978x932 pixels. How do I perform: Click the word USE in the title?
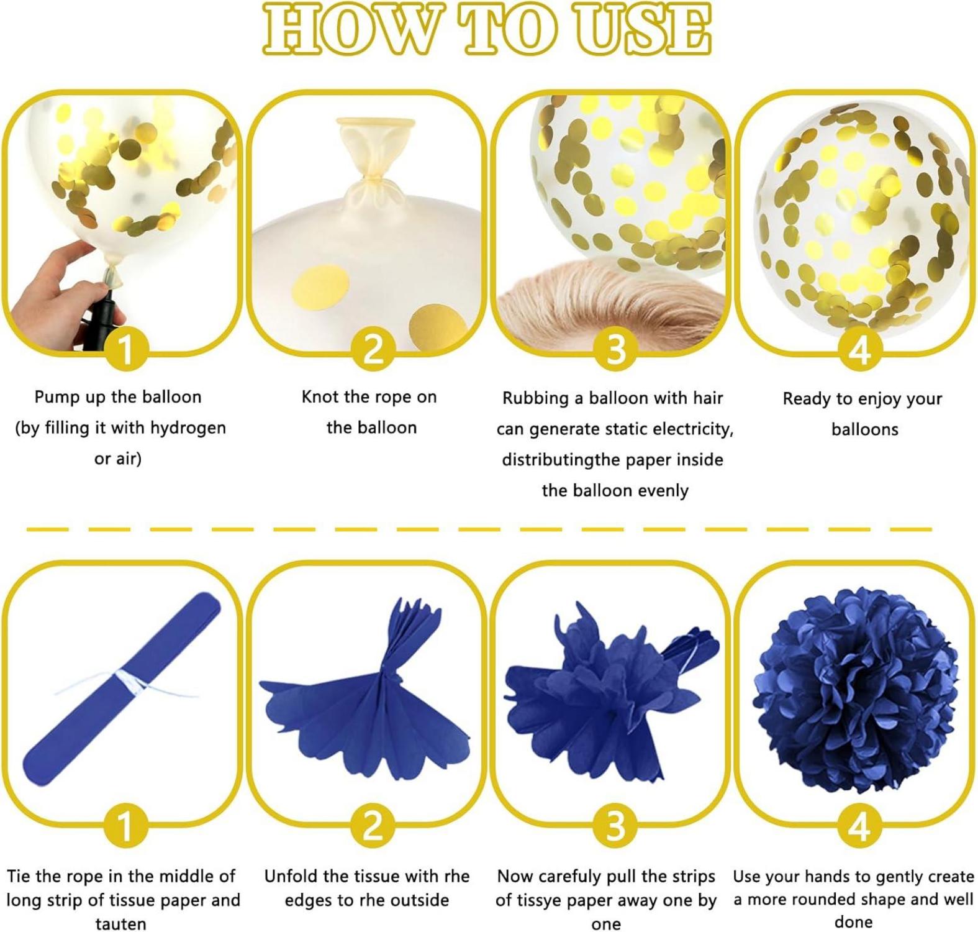tap(645, 29)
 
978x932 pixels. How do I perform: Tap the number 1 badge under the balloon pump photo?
tap(125, 349)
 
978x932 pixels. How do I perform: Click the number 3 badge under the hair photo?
tap(615, 349)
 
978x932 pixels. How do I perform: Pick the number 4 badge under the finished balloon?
tap(859, 349)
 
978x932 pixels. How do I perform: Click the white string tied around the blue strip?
tap(127, 683)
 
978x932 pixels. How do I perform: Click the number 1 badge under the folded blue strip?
tap(125, 827)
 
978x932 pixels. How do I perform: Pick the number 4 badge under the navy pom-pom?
tap(859, 827)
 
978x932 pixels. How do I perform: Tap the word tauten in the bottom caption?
tap(121, 923)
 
